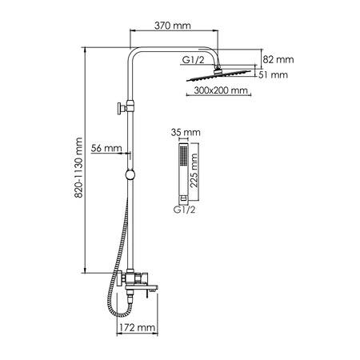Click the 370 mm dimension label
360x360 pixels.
pos(172,26)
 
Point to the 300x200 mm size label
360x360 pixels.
pos(221,91)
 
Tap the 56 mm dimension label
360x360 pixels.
pos(106,148)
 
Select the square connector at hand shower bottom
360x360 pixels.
pos(182,197)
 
